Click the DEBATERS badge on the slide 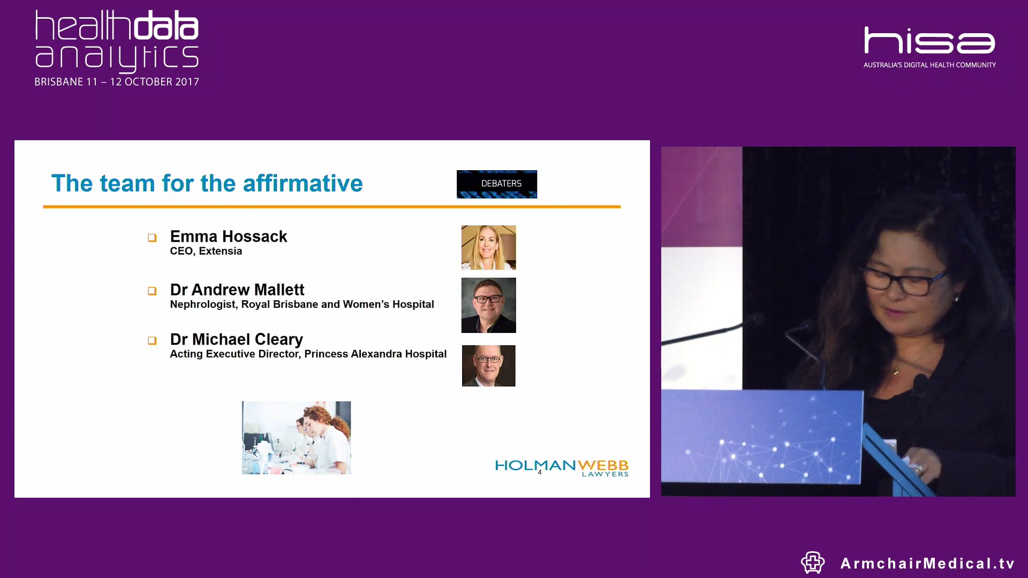click(x=496, y=184)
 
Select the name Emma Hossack click(x=229, y=237)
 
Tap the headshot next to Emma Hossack click(x=488, y=247)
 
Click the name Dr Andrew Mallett click(x=237, y=290)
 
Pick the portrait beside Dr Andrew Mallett click(x=488, y=305)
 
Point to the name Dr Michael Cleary click(x=236, y=339)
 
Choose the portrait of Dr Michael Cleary click(x=488, y=366)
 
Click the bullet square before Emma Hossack click(x=152, y=238)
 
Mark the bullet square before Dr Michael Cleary click(x=152, y=340)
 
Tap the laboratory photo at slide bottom click(x=296, y=438)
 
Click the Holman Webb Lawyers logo click(x=562, y=467)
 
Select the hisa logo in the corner click(x=929, y=41)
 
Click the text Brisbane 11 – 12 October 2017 click(x=117, y=82)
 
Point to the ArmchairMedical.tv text click(x=927, y=564)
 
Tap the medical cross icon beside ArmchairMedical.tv click(x=812, y=562)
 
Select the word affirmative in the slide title click(x=303, y=184)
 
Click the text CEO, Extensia click(x=206, y=251)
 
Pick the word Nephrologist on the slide click(x=203, y=305)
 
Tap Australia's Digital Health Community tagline click(x=929, y=65)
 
